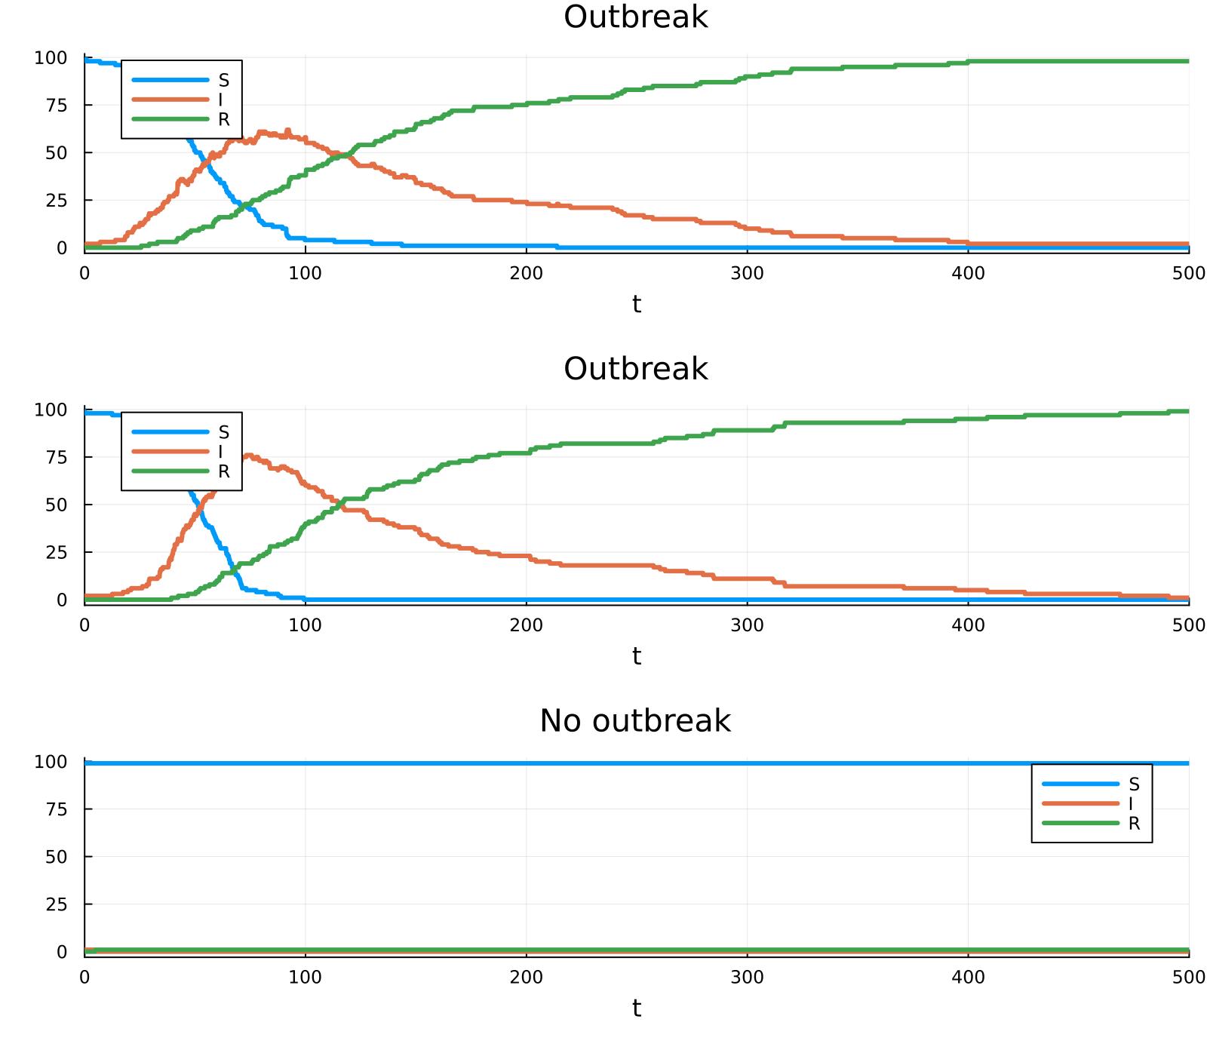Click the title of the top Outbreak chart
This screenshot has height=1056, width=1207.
tap(636, 17)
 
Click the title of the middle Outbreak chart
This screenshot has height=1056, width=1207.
tap(636, 369)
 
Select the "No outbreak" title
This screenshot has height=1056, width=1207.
tap(635, 721)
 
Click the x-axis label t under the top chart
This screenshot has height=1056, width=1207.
tap(637, 304)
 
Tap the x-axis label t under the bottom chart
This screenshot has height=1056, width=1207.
tap(637, 1008)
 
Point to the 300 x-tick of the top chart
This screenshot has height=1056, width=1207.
tap(747, 273)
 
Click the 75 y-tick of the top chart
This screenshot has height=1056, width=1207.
tap(57, 105)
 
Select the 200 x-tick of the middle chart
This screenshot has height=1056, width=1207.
tap(526, 625)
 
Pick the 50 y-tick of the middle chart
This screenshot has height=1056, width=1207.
tap(57, 505)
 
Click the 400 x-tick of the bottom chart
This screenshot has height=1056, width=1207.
tap(968, 978)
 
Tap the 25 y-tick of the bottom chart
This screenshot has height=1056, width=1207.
tap(57, 904)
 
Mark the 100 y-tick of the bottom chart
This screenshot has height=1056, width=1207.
tap(51, 762)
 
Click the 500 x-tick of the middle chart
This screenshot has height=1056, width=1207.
tap(1189, 625)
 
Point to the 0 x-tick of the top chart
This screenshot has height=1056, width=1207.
tap(84, 273)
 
